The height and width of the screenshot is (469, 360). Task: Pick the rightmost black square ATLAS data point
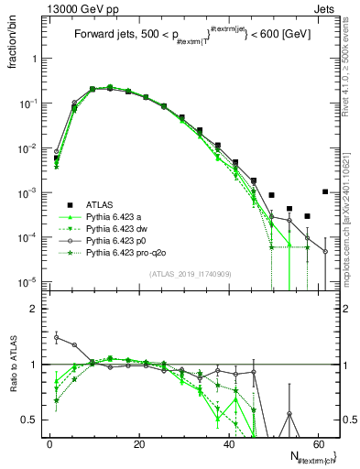(325, 192)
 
